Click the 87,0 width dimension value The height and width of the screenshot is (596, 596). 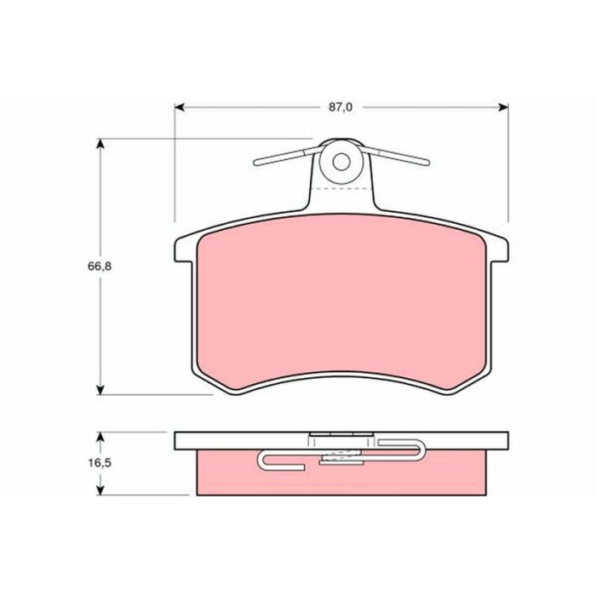point(341,107)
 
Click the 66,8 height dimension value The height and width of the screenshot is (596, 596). point(100,266)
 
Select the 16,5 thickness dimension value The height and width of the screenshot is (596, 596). point(100,463)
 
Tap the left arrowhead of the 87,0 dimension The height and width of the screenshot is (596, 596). point(180,107)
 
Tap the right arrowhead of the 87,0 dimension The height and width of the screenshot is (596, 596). point(503,107)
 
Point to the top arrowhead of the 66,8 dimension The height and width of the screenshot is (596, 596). point(100,144)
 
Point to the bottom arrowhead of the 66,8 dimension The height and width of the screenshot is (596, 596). point(100,390)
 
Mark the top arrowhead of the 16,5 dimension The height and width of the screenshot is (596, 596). point(100,437)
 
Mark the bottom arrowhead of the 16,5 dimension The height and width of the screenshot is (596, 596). point(100,490)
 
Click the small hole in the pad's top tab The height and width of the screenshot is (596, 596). point(341,162)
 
